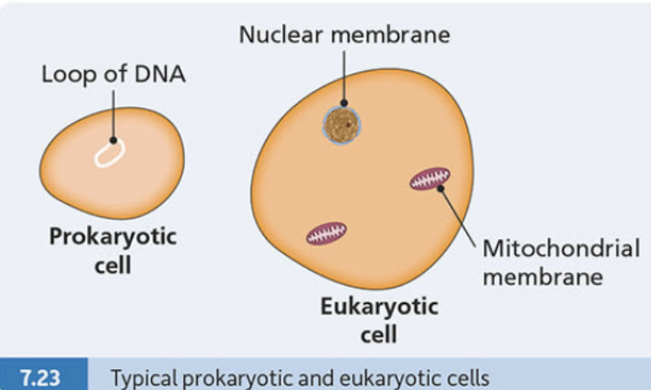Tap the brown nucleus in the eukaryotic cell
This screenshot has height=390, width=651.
[342, 125]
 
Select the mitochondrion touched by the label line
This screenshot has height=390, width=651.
[430, 179]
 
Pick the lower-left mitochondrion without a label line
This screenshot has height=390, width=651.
[326, 233]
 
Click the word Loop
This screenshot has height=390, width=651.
[69, 76]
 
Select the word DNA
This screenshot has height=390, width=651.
[160, 75]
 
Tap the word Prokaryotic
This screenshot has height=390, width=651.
[113, 237]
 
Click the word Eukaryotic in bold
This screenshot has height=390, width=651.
[379, 307]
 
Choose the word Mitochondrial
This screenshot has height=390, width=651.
[561, 248]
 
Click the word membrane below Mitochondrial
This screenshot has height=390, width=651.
[542, 276]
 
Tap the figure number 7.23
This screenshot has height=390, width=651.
[40, 379]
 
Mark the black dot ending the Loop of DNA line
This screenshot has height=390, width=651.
[114, 141]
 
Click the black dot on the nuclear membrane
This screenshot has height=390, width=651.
[345, 103]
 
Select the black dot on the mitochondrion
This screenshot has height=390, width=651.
[440, 189]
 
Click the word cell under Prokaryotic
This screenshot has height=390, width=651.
[113, 265]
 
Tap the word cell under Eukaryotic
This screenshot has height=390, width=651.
[378, 334]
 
